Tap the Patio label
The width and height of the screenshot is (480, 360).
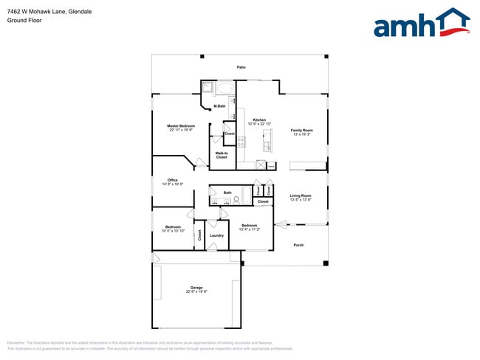[241, 67]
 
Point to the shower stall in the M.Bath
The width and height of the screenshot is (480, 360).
[207, 88]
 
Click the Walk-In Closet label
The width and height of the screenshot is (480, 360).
[222, 155]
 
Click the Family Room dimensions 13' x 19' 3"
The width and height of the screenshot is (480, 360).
[301, 134]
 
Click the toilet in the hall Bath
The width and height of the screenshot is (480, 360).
[236, 199]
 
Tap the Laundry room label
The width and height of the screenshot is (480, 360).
[216, 235]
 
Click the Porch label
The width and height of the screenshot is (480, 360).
[298, 245]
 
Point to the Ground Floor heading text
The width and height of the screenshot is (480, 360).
[24, 21]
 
